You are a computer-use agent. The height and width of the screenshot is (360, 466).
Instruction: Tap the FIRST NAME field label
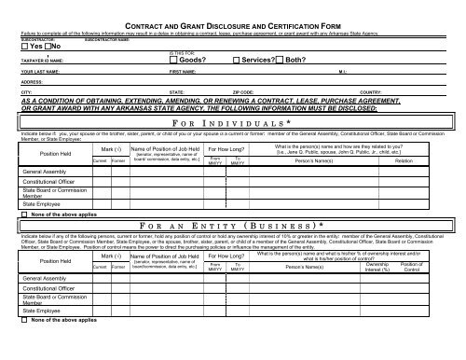tap(183, 71)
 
